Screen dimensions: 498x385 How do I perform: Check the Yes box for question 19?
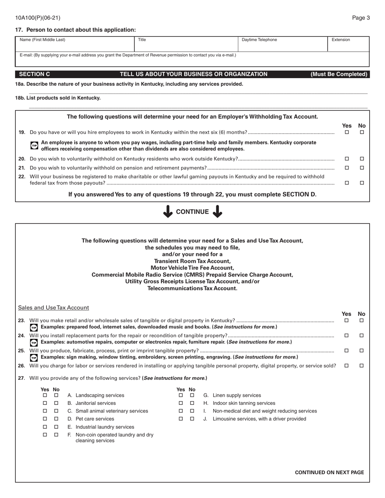346,132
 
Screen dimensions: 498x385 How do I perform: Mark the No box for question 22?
362,183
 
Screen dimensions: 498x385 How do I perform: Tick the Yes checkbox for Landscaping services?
45,395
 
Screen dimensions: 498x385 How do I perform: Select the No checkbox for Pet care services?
56,419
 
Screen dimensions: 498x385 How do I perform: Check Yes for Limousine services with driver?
181,419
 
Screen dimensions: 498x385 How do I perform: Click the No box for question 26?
362,366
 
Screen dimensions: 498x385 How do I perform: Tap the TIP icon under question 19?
34,146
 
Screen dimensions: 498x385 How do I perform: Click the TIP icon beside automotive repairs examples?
34,343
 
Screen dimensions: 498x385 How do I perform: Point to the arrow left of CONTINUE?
168,212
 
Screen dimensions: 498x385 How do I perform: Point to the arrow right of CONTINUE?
218,212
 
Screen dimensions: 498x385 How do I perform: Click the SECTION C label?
34,74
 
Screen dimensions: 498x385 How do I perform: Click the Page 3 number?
361,18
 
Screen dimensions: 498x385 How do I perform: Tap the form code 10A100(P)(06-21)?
38,18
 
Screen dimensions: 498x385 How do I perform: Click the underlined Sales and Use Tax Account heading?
53,308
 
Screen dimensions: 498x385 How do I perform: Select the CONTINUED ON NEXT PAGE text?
329,472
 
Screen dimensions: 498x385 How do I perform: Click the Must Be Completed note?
339,74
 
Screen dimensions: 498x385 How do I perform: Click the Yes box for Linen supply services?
181,395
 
